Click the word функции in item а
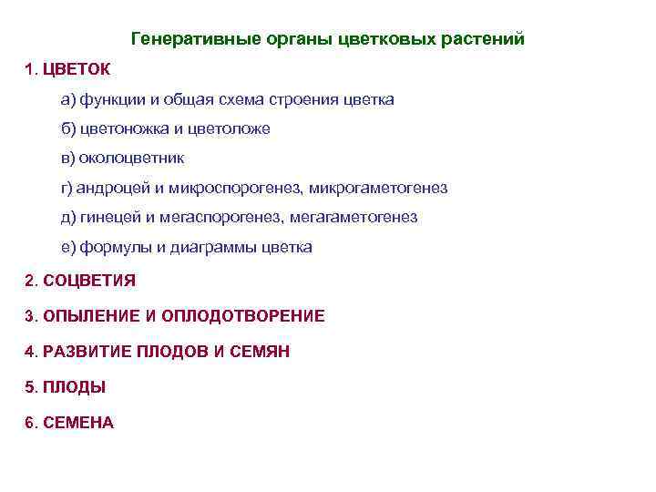[108, 99]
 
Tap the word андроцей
[115, 188]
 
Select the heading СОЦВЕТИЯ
[88, 281]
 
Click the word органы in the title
[290, 40]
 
